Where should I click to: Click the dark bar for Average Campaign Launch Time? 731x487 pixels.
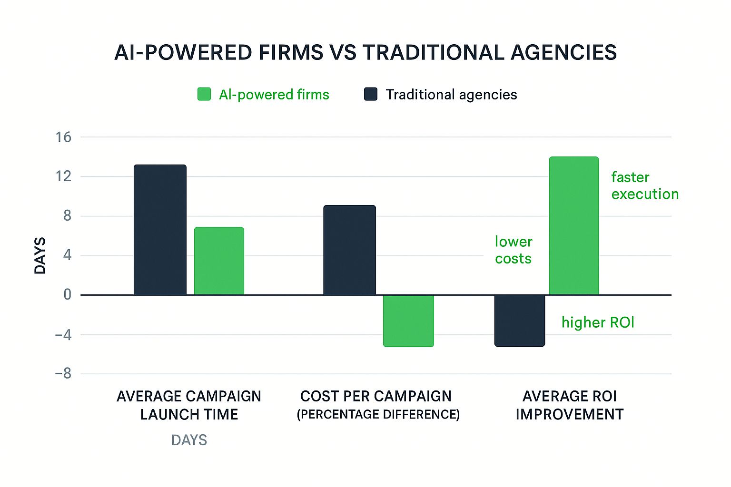tap(160, 230)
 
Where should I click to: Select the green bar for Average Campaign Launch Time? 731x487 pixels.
tap(219, 261)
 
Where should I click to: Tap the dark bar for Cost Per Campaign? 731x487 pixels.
tap(349, 250)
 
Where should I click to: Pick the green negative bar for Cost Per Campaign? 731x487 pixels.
tap(408, 321)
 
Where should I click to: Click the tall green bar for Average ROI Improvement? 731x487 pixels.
tap(573, 226)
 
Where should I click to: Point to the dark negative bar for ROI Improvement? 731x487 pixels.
tap(519, 321)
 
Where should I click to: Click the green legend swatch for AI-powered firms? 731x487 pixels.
tap(204, 94)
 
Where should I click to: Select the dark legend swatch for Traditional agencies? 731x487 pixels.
tap(371, 94)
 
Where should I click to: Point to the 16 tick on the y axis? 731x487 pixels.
tap(63, 137)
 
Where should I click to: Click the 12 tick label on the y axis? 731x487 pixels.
tap(63, 176)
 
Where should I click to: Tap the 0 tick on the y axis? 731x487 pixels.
tap(68, 295)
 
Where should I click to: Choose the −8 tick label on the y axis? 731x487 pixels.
tap(63, 374)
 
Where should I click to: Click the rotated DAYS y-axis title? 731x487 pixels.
tap(40, 256)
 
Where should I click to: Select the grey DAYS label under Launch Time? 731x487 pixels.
tap(189, 440)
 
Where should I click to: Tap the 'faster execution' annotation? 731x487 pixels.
tap(644, 185)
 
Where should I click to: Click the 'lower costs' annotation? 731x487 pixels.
tap(513, 250)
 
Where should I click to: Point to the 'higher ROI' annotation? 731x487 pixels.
tap(598, 322)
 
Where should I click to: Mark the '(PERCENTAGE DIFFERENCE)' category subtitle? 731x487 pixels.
tap(378, 415)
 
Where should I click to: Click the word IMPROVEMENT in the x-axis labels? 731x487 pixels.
tap(569, 415)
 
